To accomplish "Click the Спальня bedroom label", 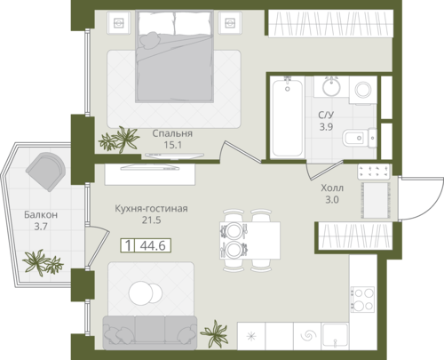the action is (172, 133).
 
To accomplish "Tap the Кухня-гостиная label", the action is (151, 208).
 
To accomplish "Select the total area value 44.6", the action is (153, 245).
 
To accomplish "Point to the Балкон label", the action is (41, 214).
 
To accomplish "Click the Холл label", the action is (332, 188).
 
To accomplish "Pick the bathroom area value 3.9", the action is (326, 127).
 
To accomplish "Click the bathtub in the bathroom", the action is (288, 116).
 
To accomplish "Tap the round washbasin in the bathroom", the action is (331, 86).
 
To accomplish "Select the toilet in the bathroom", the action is (360, 138).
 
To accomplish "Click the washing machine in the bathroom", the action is (363, 90).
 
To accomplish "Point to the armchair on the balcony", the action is (45, 172).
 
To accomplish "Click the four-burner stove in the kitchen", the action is (363, 299).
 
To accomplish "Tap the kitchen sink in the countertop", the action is (335, 335).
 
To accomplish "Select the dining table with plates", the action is (250, 240).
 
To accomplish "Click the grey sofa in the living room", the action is (150, 332).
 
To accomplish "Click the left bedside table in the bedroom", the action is (119, 22).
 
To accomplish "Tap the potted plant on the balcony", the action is (43, 262).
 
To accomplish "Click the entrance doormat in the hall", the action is (376, 200).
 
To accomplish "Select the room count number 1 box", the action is (128, 245).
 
